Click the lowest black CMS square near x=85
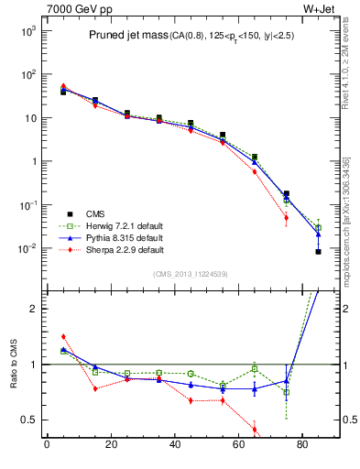[x=318, y=252]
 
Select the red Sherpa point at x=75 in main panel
[x=286, y=218]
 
